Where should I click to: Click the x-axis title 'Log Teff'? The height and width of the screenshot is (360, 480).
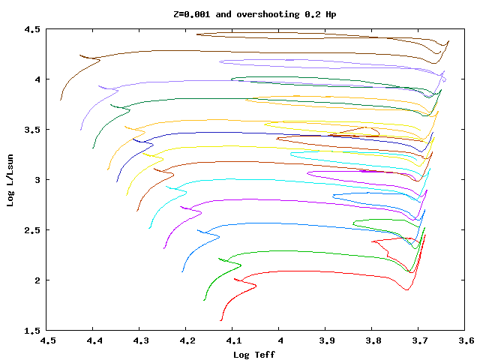254,354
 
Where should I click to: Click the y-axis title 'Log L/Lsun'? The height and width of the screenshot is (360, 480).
10,179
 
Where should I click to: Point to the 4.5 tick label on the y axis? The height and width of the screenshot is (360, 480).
31,29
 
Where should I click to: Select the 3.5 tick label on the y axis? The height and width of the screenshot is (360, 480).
31,130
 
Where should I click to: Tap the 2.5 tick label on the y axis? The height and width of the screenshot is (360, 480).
31,230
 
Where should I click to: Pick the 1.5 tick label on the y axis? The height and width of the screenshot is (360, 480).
31,331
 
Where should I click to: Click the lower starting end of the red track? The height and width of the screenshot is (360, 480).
221,320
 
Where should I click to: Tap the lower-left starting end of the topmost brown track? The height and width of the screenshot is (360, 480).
61,100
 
